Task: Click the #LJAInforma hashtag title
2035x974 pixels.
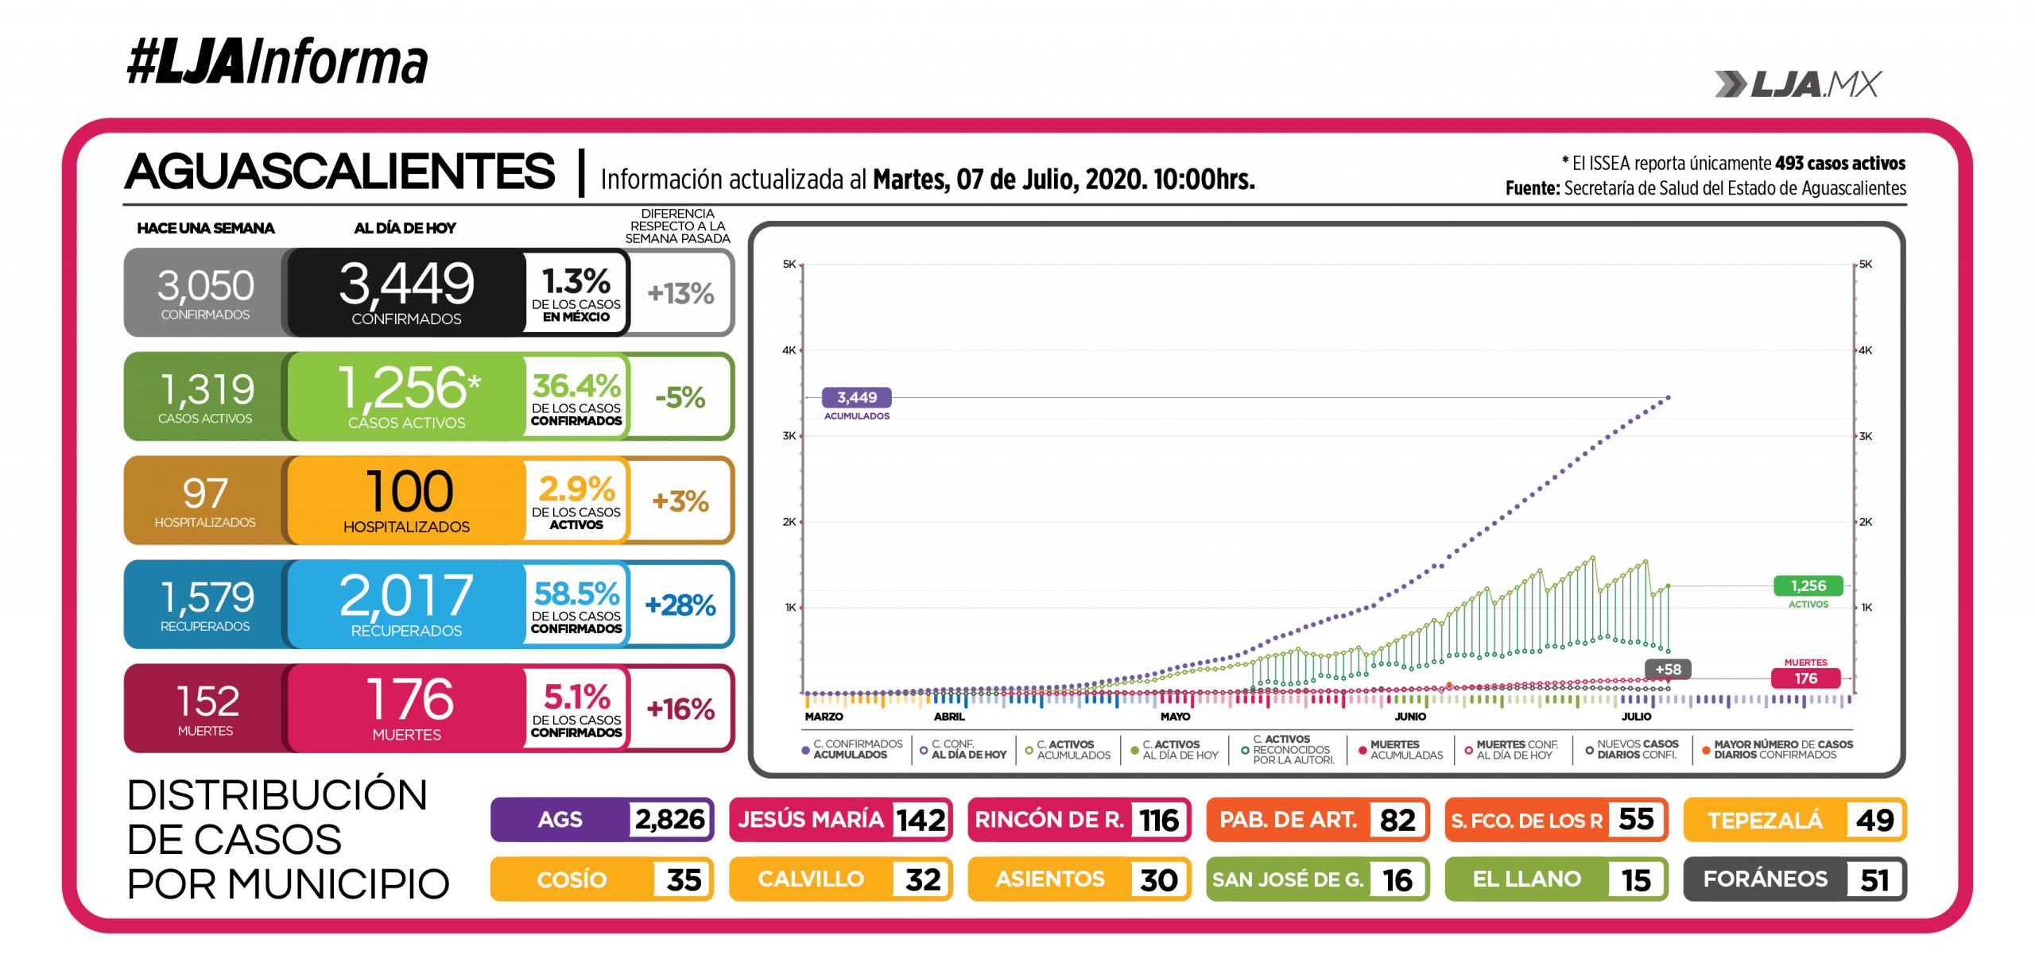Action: [x=277, y=62]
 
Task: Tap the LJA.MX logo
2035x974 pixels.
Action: [x=1798, y=83]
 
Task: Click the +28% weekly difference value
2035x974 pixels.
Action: [x=680, y=605]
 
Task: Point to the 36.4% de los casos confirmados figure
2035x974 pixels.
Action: [x=576, y=387]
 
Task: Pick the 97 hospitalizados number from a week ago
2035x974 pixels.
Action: [x=205, y=493]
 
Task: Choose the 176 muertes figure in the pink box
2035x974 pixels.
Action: [x=409, y=699]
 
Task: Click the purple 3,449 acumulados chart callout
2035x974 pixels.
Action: [x=856, y=397]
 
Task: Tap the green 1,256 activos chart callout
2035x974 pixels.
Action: [x=1808, y=586]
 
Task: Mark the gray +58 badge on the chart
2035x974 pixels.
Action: [x=1668, y=669]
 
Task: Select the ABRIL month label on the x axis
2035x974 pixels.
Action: [x=949, y=717]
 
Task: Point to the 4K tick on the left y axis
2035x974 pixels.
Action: [x=789, y=350]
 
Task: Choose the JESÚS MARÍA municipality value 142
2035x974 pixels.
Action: [x=921, y=820]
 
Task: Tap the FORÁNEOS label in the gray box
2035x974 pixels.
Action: [x=1765, y=879]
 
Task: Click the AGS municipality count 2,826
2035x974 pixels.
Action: [x=669, y=819]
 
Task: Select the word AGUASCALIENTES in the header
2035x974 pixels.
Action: [x=340, y=172]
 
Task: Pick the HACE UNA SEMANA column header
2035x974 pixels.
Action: [x=205, y=229]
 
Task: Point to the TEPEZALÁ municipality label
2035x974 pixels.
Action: [x=1765, y=820]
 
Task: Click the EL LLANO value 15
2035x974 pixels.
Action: [x=1636, y=879]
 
